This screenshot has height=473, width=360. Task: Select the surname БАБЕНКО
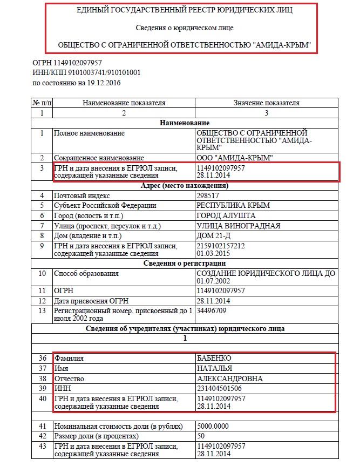point(215,358)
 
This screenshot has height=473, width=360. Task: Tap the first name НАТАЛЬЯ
point(215,368)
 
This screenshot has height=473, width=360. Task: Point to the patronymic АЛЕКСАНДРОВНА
point(230,379)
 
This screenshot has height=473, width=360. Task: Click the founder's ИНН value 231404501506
point(219,389)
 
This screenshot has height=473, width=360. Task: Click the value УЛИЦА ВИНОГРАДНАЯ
point(239,226)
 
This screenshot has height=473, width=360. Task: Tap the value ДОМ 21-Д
point(214,236)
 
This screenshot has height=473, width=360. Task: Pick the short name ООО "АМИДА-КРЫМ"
point(235,158)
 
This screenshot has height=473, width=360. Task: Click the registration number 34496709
point(212,311)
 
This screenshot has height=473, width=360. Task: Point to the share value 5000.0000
point(214,425)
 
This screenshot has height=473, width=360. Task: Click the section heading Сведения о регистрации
point(185,263)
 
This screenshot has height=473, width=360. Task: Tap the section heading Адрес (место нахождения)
point(185,186)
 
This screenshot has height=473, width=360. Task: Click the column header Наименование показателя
point(124,103)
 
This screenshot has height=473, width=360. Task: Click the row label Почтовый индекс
point(81,195)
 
